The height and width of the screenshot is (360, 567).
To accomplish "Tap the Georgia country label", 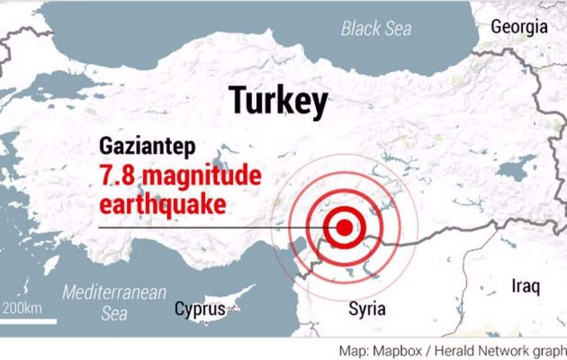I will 519,26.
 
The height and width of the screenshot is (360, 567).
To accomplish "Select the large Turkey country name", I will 277,101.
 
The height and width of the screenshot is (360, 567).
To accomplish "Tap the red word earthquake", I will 161,204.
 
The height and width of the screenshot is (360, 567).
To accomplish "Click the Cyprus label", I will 198,310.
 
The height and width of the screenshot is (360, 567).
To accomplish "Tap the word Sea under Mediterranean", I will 114,313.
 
